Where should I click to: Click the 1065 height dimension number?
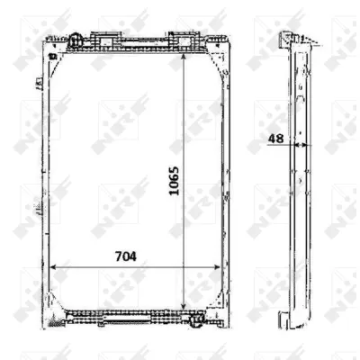click(x=174, y=181)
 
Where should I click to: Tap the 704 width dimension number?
click(x=126, y=256)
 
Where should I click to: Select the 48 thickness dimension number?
click(x=275, y=139)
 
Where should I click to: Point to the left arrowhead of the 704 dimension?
click(x=53, y=267)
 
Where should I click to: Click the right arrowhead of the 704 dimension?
click(x=217, y=267)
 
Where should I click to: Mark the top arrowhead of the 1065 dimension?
click(x=184, y=58)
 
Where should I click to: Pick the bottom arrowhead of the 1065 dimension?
click(x=184, y=305)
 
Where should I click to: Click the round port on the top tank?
click(x=75, y=40)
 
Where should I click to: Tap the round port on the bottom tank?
click(x=196, y=321)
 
